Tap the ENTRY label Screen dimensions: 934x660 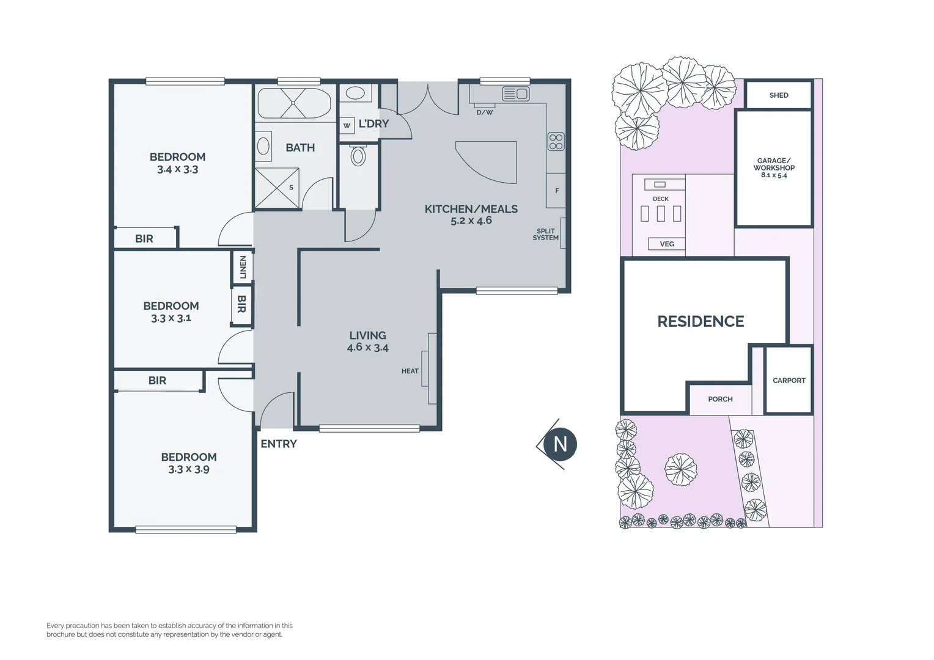click(279, 444)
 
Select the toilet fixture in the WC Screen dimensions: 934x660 click(358, 155)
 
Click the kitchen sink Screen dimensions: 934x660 click(516, 94)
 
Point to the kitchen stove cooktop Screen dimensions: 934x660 click(556, 141)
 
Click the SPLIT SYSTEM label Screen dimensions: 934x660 click(545, 234)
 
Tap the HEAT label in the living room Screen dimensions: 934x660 click(410, 371)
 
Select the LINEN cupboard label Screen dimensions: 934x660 click(243, 267)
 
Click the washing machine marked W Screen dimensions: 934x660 click(347, 125)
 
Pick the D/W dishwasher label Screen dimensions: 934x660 click(485, 112)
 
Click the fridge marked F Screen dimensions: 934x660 click(556, 191)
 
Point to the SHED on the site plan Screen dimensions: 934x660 click(779, 95)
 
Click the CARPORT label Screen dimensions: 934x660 click(789, 380)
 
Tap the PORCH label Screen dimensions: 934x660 click(720, 399)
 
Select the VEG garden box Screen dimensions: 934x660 click(667, 244)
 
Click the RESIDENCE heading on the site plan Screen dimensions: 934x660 click(700, 321)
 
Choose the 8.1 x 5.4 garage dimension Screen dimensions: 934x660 click(774, 175)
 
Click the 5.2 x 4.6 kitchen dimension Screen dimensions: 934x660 click(471, 221)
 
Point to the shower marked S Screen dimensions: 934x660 click(278, 188)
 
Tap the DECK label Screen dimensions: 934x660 click(661, 199)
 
